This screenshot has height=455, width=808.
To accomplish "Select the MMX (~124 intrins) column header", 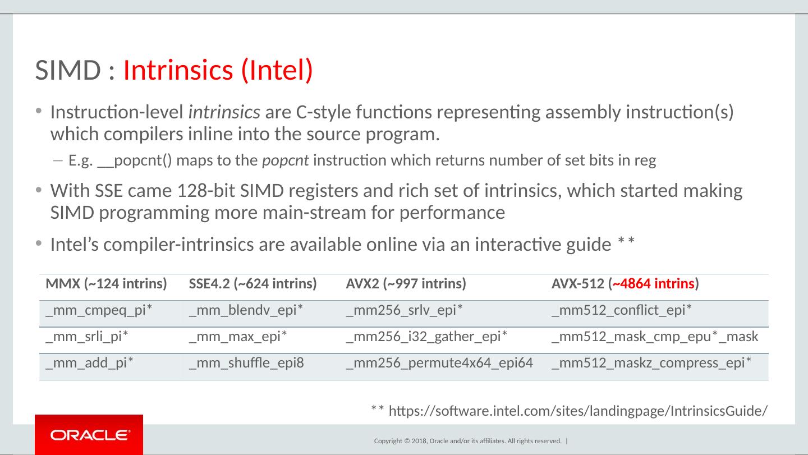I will click(106, 284).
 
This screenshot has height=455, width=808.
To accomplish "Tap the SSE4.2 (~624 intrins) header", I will click(253, 284).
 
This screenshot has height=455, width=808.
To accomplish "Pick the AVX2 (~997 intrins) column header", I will click(406, 284).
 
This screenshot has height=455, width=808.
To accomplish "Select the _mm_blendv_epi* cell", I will click(246, 310).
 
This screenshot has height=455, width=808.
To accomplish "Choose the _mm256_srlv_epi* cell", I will click(404, 310).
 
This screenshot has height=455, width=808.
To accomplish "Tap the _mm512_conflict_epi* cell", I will click(622, 310).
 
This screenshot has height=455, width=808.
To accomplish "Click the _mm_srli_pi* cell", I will click(87, 337).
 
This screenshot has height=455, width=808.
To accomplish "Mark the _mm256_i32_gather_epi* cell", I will click(427, 337).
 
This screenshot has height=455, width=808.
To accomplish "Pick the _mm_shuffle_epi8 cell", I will click(246, 363).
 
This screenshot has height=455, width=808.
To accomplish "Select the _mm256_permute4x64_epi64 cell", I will click(439, 363).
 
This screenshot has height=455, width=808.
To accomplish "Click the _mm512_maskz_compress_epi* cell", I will click(652, 363).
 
